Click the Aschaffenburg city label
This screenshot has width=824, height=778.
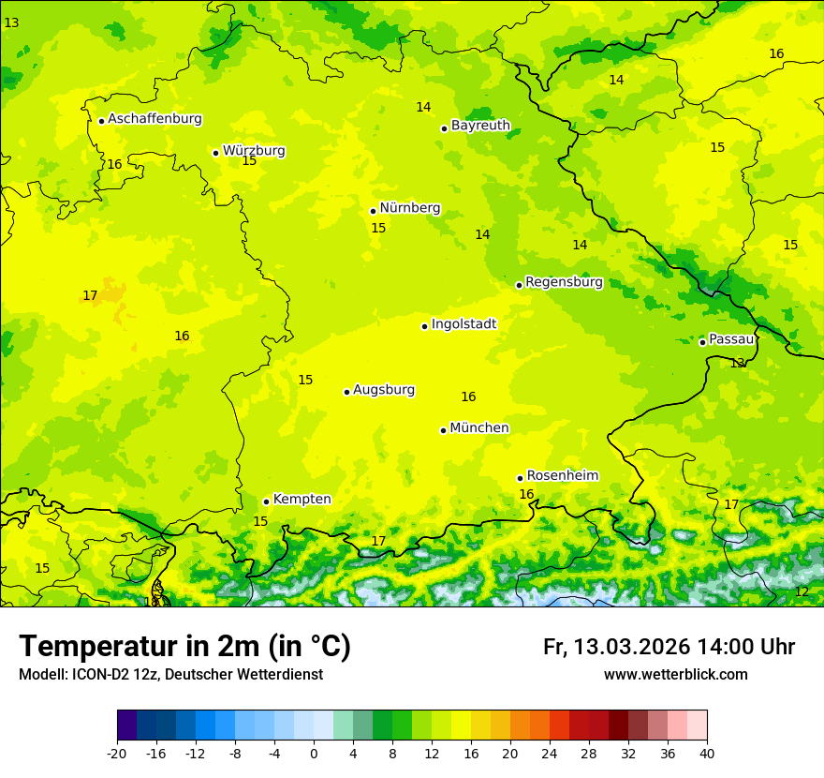(154, 119)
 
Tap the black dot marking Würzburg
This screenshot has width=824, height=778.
(215, 153)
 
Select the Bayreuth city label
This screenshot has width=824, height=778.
(480, 126)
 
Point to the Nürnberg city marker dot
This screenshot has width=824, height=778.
(373, 211)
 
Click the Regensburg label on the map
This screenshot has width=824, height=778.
(564, 282)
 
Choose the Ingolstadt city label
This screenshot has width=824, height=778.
(463, 324)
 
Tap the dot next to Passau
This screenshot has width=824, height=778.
(702, 342)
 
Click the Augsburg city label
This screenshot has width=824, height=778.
(383, 390)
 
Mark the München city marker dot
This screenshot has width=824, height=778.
(443, 430)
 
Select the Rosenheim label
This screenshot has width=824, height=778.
(562, 476)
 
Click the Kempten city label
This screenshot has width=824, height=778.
(302, 500)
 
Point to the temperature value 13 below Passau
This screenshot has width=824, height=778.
(737, 363)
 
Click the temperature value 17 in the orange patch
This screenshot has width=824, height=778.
(90, 296)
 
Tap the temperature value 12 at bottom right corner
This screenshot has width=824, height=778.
(801, 592)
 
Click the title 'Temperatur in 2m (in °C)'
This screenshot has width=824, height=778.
(184, 647)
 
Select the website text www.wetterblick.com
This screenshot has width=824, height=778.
(675, 675)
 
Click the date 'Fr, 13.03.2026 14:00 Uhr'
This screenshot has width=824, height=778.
(669, 648)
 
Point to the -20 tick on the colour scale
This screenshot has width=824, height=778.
(117, 754)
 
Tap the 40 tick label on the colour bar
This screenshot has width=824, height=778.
(706, 754)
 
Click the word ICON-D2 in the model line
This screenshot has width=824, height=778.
(100, 675)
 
